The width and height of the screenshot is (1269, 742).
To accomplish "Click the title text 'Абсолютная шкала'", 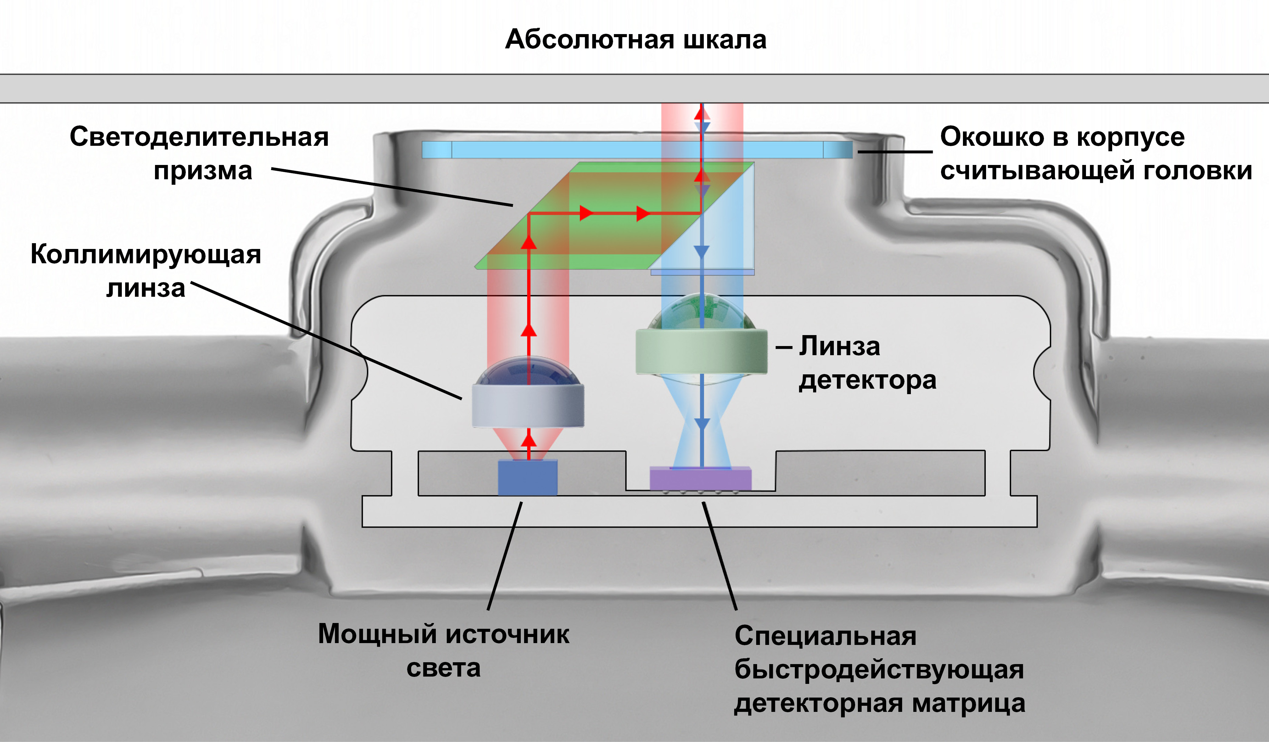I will point(636,39).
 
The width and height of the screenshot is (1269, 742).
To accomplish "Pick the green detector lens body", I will point(701,351).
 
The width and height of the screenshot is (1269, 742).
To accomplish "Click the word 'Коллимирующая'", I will point(146,254).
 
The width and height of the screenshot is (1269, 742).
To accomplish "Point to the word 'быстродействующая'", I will point(879,670).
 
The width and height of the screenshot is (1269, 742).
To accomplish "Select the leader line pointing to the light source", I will point(505,556).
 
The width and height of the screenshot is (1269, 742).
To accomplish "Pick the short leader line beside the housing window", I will point(895,151).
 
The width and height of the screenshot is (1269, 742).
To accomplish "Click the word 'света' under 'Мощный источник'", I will point(443,668).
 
